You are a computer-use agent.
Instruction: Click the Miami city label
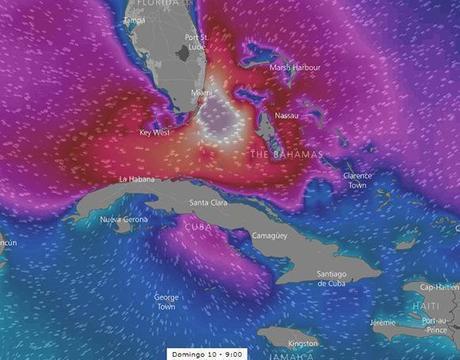[201, 93]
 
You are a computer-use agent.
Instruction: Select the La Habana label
[137, 179]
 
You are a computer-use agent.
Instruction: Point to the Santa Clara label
[207, 203]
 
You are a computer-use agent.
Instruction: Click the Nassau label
[286, 114]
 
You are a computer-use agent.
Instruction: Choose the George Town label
[166, 301]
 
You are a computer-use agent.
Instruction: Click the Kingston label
[303, 342]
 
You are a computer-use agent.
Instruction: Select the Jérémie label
[382, 322]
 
